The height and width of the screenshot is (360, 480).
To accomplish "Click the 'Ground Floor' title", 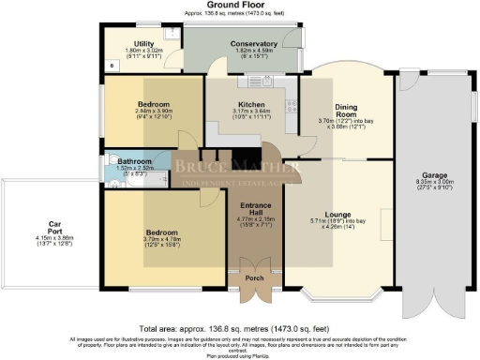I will point(239,7).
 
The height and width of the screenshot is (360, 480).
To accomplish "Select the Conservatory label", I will point(254,43).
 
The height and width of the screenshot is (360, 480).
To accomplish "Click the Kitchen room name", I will point(250,105).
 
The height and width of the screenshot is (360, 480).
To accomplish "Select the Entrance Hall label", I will point(255,209).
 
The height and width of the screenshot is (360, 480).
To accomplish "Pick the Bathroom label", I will point(135,161).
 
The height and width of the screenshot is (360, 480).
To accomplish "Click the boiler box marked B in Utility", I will point(112,67).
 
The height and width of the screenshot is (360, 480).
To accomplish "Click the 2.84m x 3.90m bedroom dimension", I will point(150,112).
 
